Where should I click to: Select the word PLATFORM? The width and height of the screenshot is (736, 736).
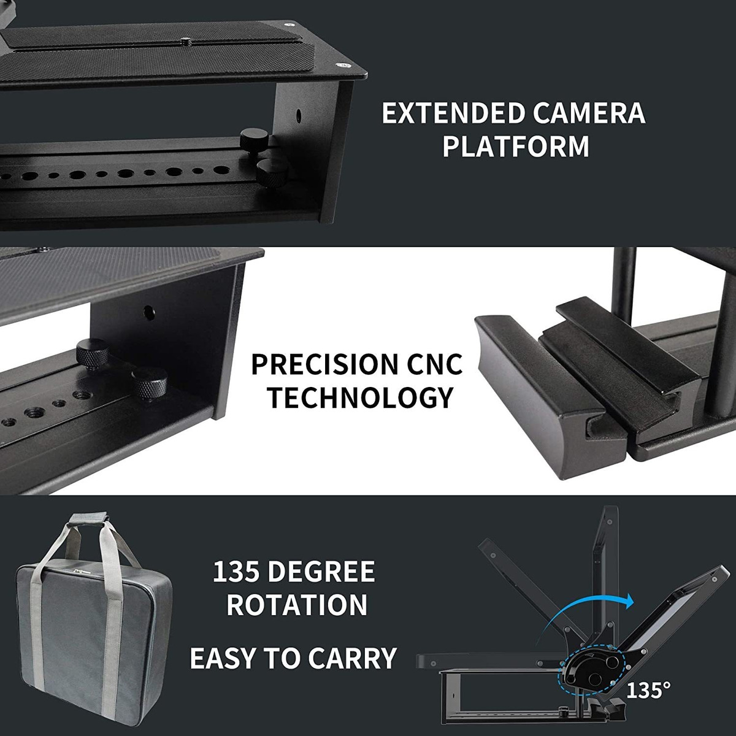tap(516, 146)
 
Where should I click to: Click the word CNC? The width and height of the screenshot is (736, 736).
tap(435, 364)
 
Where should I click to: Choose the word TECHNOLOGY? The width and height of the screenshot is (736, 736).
tap(360, 397)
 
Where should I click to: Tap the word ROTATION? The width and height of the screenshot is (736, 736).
tap(297, 605)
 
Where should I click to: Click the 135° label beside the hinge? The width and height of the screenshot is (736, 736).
tap(648, 690)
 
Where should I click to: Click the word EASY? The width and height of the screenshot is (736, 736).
tap(223, 658)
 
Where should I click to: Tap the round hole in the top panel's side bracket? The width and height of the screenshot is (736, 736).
tap(299, 114)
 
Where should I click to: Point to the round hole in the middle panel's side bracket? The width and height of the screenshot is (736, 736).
tap(149, 313)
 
